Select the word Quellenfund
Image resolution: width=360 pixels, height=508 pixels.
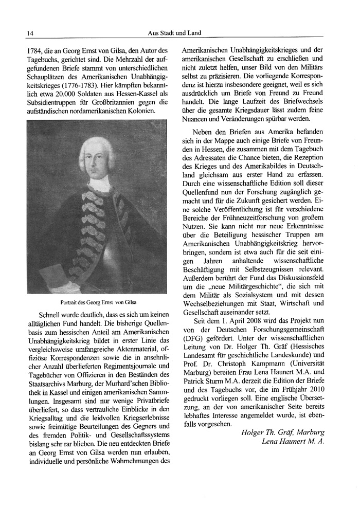point(204,187)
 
